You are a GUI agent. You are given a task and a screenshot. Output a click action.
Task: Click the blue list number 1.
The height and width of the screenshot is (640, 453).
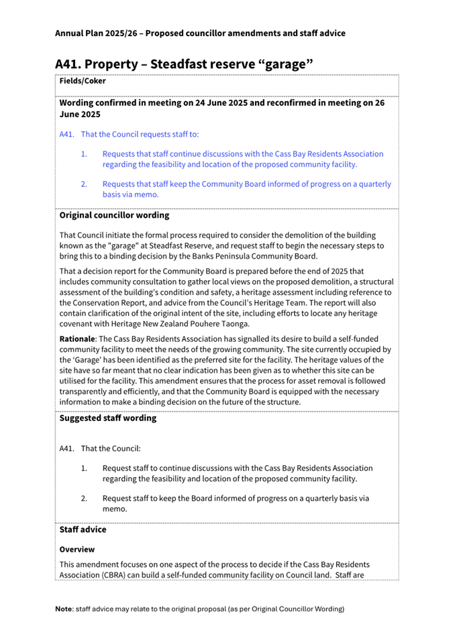click(85, 153)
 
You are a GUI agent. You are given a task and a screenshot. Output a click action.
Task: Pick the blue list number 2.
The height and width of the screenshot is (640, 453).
click(85, 184)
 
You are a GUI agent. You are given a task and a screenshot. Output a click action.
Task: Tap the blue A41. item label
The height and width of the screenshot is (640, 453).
click(67, 134)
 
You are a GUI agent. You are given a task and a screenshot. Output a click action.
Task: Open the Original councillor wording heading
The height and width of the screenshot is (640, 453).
click(114, 216)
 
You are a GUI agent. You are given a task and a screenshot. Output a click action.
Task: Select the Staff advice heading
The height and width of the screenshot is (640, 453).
click(83, 529)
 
